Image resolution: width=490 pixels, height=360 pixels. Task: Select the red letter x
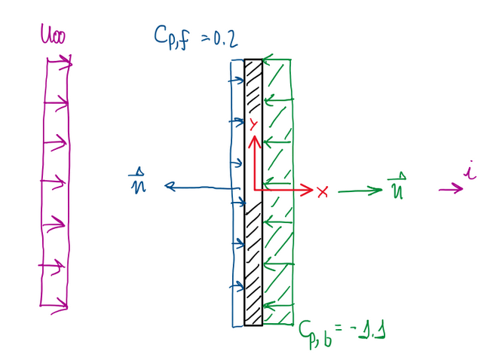323,191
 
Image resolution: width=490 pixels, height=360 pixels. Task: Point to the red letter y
254,124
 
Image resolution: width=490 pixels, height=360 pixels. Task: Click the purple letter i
469,175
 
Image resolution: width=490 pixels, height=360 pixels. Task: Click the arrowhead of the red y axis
254,139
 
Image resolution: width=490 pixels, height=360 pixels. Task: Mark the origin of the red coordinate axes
255,190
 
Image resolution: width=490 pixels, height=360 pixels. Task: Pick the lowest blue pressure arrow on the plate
238,286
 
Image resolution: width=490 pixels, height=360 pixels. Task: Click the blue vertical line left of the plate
229,226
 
